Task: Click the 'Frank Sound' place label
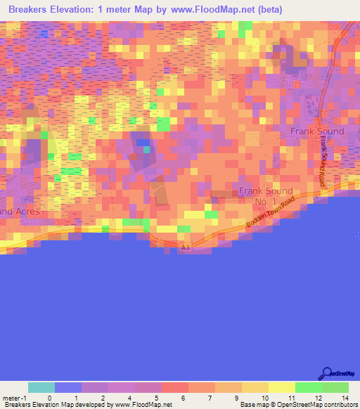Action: [x=317, y=131]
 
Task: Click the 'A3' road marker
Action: [x=186, y=247]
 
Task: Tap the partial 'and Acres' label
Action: [x=21, y=211]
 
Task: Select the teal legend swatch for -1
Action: [x=41, y=387]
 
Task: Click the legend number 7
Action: [x=210, y=398]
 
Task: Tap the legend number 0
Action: [x=49, y=398]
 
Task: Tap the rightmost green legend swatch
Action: [x=335, y=387]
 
